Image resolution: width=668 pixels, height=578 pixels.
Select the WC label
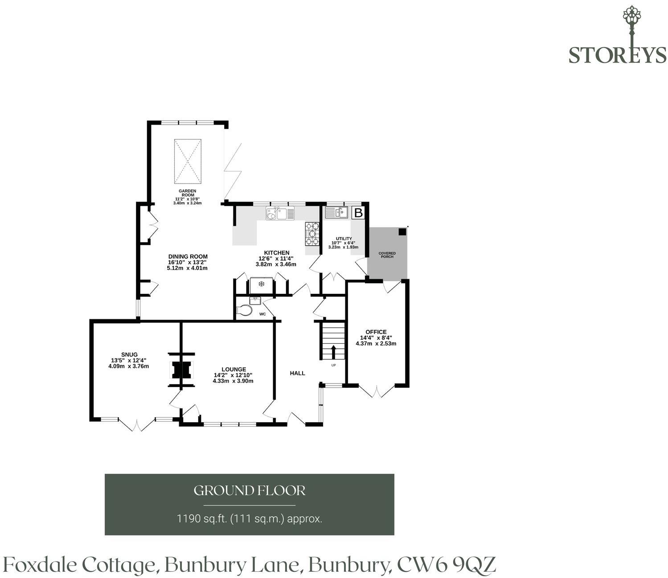coord(262,314)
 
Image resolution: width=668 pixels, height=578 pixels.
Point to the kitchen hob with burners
coord(312,233)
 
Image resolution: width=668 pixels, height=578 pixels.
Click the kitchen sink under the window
coord(280,213)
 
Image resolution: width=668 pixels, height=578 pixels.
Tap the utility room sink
coord(336,212)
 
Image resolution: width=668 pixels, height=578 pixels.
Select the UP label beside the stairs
coord(333,365)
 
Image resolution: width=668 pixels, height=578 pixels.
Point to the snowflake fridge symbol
coord(261,284)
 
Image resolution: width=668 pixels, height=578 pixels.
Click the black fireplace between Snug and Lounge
coord(181,370)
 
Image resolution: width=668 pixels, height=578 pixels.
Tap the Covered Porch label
coord(387,255)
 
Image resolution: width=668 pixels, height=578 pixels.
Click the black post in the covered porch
coord(402,232)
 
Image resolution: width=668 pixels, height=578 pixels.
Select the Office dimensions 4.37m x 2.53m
coord(376,343)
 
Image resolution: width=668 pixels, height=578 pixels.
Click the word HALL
coord(297,373)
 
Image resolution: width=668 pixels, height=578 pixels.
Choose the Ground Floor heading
coord(250,491)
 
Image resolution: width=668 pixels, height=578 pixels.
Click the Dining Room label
coord(188,256)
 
